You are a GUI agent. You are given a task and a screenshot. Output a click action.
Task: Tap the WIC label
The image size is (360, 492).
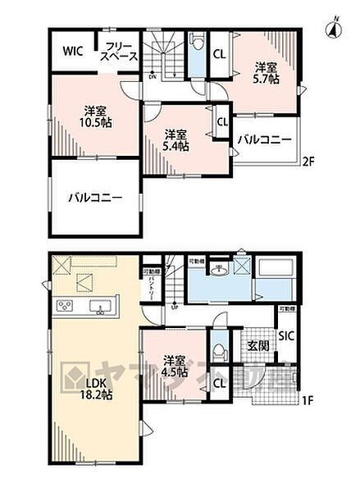pyautogui.click(x=72, y=51)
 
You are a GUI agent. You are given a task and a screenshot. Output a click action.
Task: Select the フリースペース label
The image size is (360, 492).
pyautogui.click(x=119, y=51)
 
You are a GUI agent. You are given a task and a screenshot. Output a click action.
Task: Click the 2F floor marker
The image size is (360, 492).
pyautogui.click(x=308, y=160)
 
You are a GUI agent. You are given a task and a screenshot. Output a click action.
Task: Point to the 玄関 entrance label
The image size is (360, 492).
pyautogui.click(x=255, y=346)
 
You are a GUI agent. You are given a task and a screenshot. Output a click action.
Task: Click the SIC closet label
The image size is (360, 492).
pyautogui.click(x=286, y=335)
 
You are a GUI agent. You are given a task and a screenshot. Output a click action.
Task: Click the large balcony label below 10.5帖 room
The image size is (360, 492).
pyautogui.click(x=95, y=198)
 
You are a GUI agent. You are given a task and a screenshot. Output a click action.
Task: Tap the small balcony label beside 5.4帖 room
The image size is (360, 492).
pyautogui.click(x=264, y=140)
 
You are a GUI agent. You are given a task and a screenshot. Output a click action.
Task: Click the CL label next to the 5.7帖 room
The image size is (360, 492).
pyautogui.click(x=221, y=55)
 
